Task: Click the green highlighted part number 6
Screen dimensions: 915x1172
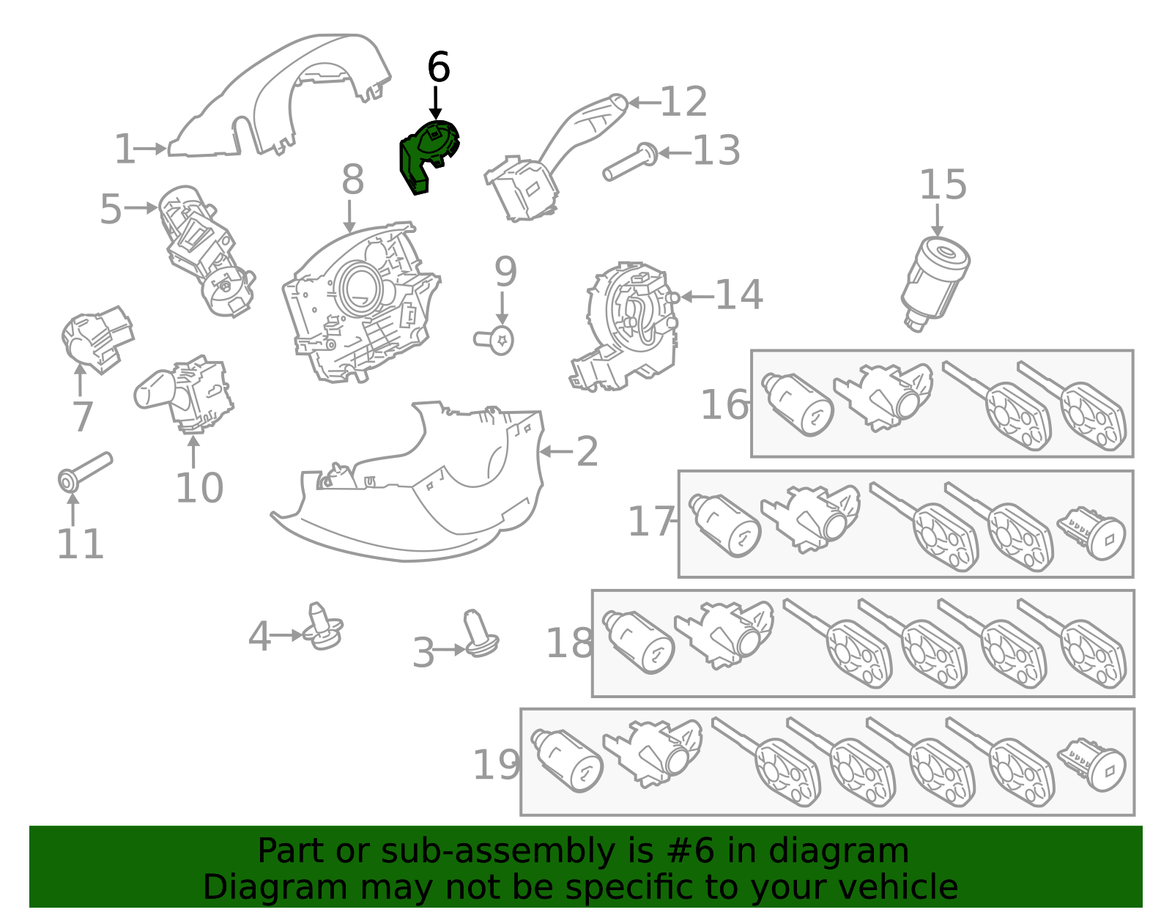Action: (427, 155)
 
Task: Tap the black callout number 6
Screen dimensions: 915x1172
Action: (438, 67)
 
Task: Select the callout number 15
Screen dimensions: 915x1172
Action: (943, 185)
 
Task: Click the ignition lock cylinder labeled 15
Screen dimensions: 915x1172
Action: (935, 282)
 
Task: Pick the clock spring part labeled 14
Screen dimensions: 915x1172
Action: (630, 322)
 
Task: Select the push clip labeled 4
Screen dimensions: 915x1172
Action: (323, 627)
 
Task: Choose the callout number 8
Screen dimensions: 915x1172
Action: (352, 179)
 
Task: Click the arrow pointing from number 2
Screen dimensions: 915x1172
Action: (556, 452)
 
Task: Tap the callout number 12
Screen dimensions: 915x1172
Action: (683, 102)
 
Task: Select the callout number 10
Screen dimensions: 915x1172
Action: (199, 488)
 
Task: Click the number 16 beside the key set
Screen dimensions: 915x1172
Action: (724, 404)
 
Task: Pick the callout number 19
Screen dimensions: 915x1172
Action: (497, 765)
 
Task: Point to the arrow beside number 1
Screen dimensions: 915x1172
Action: (153, 149)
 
